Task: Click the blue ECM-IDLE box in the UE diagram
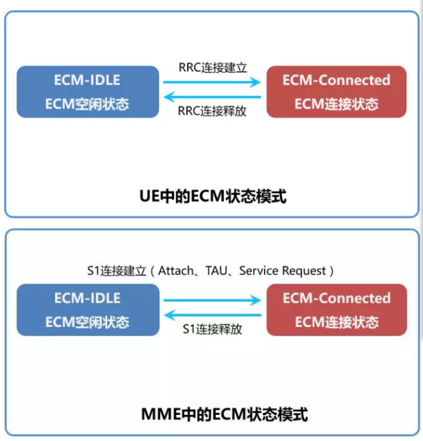(x=87, y=92)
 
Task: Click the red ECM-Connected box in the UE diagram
(x=336, y=92)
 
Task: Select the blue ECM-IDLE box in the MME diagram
(x=87, y=310)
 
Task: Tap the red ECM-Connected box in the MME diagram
(x=336, y=310)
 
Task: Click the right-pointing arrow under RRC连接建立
(x=212, y=83)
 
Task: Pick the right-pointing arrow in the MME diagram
(x=212, y=301)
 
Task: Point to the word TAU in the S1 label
(x=217, y=271)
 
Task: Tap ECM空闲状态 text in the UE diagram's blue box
(x=87, y=105)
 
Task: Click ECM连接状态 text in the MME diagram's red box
(x=336, y=323)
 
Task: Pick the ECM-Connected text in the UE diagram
(x=336, y=80)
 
